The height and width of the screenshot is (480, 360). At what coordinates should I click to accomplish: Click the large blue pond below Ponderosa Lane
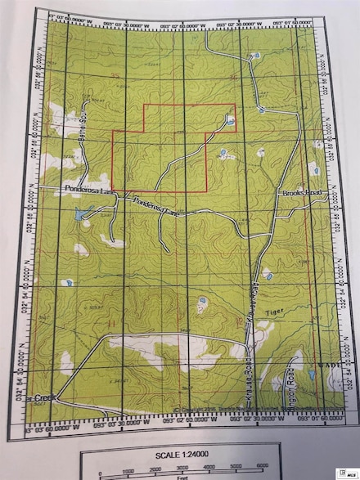coord(79,217)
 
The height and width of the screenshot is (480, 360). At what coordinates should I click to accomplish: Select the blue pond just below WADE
coord(311,376)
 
